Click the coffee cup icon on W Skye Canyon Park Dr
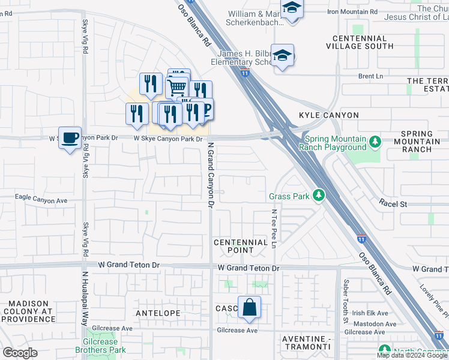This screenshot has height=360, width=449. (x=70, y=137)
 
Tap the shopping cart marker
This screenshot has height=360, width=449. (x=177, y=88)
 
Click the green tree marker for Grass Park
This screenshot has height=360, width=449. (x=319, y=196)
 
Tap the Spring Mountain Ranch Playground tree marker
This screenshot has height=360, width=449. (x=375, y=142)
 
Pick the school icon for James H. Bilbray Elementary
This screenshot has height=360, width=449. (x=282, y=56)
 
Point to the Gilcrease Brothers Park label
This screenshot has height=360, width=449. (x=101, y=346)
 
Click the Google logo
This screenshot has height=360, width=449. (x=20, y=352)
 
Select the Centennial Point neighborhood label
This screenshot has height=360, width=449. (x=241, y=246)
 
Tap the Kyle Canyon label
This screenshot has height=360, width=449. (x=329, y=115)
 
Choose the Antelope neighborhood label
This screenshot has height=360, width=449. (x=158, y=313)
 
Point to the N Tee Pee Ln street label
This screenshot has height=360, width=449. (x=273, y=229)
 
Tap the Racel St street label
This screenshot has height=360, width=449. (x=393, y=204)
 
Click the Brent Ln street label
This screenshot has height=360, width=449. (x=370, y=76)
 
